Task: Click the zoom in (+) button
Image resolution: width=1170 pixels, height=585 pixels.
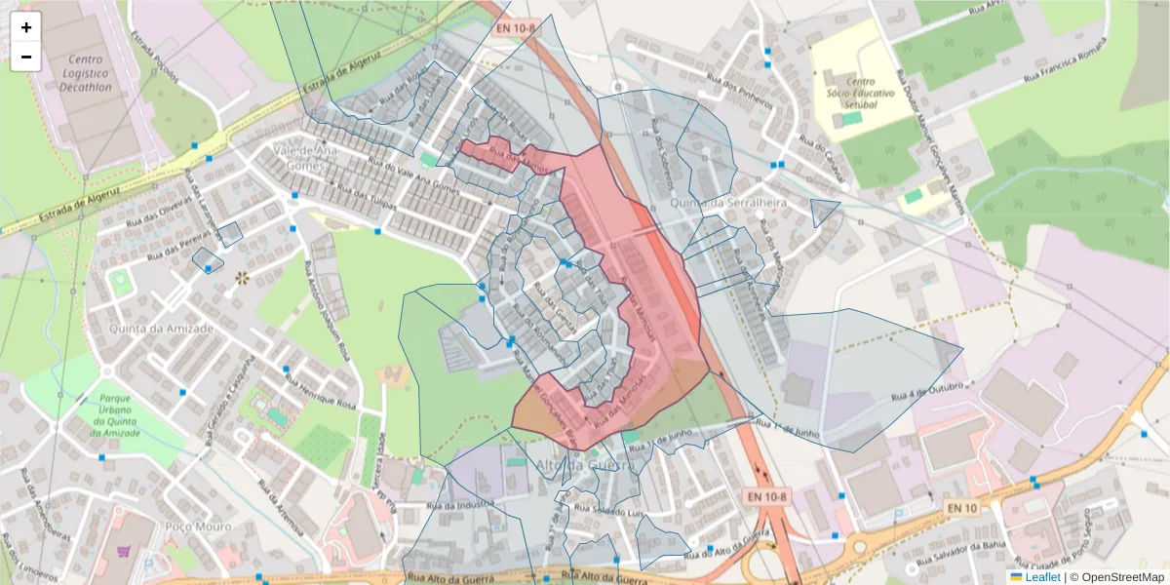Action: point(26,28)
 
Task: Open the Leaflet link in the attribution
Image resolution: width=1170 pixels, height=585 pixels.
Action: point(1042,577)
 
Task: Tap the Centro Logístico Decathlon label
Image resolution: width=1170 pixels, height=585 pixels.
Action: point(84,73)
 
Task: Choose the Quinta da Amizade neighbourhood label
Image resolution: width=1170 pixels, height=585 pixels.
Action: point(161,329)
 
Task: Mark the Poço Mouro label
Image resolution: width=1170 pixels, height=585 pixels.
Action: point(199,526)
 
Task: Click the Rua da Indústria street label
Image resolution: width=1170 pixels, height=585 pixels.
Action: point(457,505)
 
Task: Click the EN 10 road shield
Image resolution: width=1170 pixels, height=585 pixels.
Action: point(961,508)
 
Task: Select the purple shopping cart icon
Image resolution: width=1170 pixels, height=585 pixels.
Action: point(124,551)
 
